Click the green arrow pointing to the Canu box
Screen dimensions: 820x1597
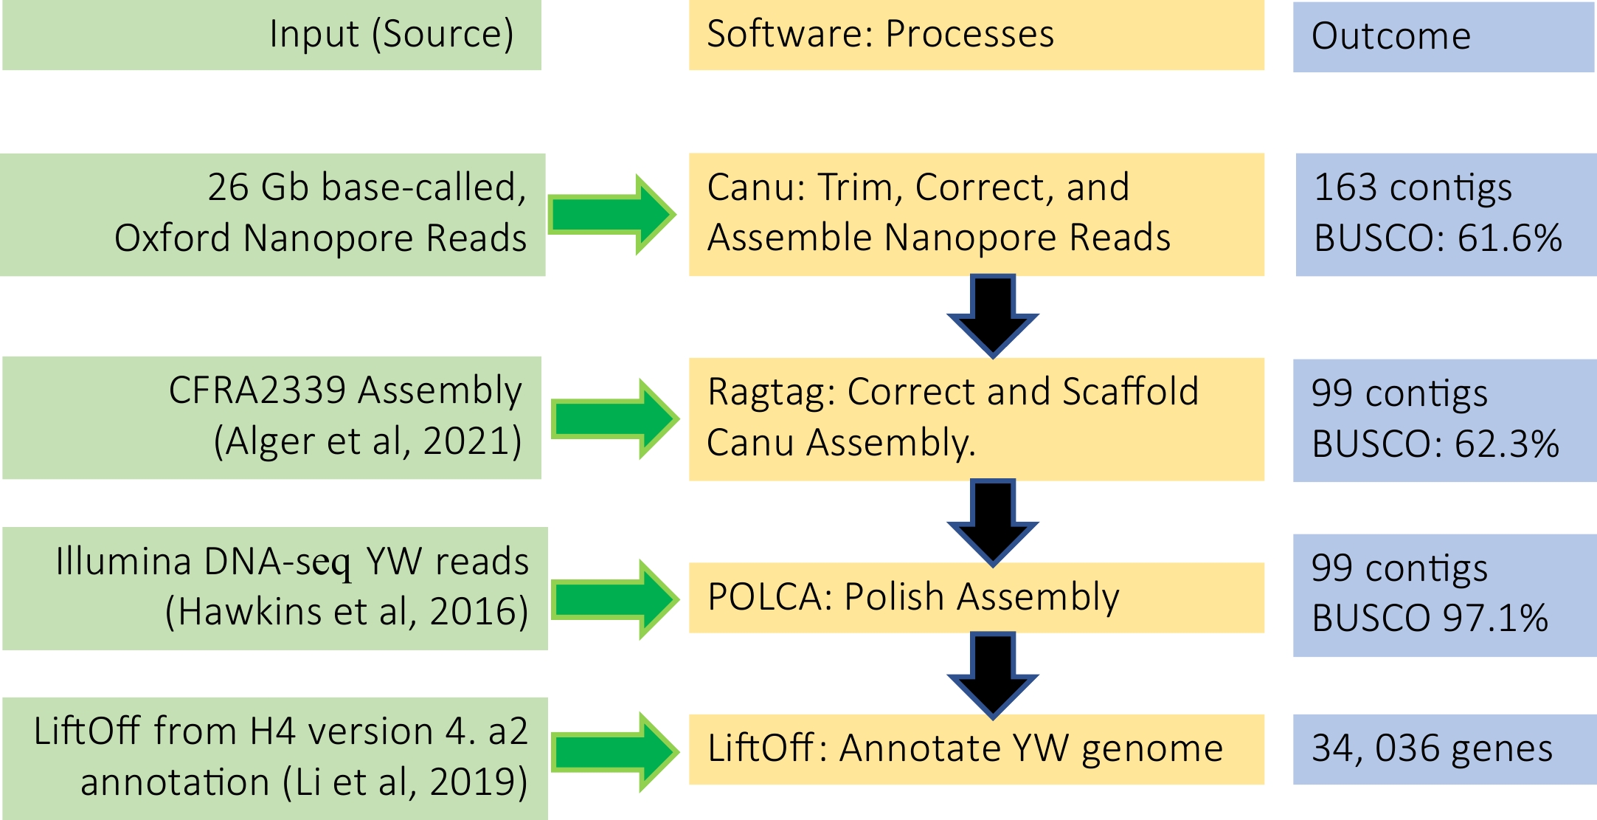[611, 215]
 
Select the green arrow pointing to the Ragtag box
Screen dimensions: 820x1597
[614, 419]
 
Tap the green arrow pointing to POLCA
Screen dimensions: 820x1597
[614, 599]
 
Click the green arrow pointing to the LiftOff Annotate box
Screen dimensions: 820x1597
[614, 753]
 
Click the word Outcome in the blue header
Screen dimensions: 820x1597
[1390, 36]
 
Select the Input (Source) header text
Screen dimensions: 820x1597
[391, 35]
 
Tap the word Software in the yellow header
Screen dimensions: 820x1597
[789, 34]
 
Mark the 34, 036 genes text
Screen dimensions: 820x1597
[1431, 748]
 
